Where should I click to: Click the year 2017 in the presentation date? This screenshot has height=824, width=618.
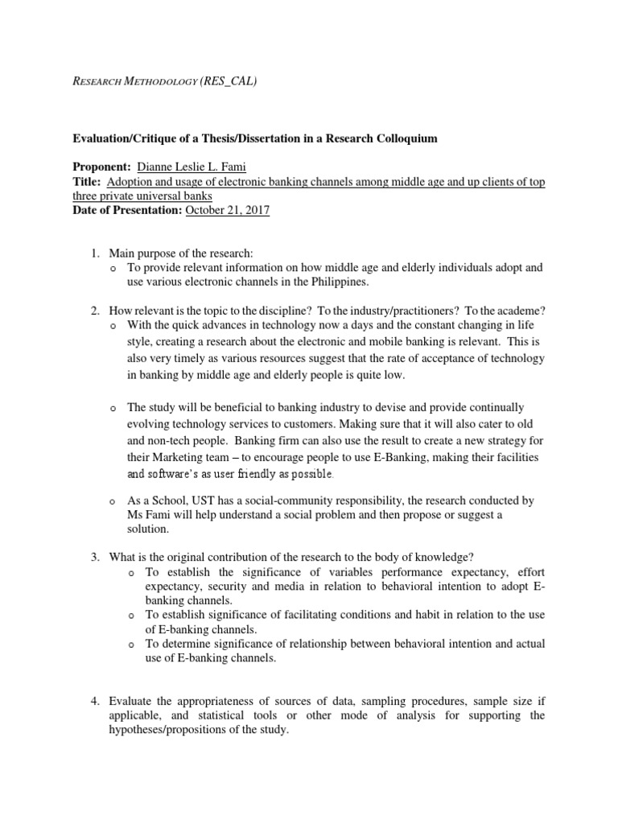255,210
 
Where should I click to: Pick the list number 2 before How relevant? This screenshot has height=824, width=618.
95,311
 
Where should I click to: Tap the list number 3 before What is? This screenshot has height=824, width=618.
95,558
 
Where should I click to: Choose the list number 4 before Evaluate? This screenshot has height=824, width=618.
95,701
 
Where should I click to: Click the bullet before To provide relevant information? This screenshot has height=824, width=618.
113,270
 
